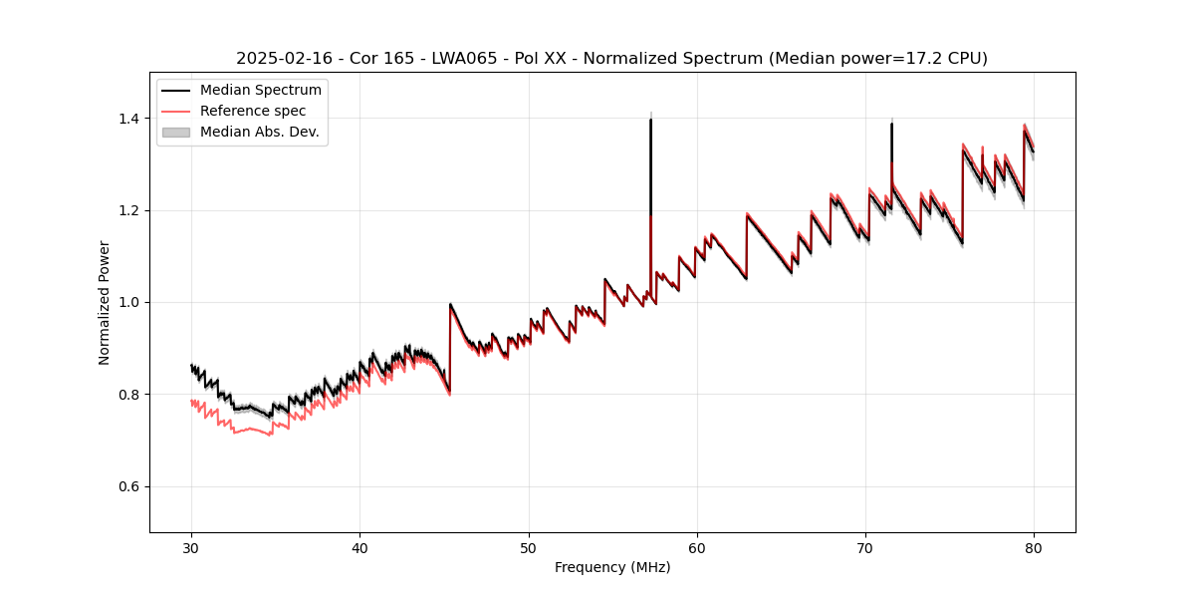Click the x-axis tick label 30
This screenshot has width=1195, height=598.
191,547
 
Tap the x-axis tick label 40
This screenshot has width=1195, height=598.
359,547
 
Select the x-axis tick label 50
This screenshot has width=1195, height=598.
528,547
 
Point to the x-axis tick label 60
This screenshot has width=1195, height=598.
697,547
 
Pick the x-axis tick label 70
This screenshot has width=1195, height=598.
865,547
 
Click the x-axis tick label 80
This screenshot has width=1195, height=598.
1034,547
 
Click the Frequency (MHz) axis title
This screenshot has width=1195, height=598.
612,567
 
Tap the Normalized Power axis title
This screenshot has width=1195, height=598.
105,302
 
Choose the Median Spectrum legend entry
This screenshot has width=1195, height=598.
260,91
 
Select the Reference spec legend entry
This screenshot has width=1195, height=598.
253,111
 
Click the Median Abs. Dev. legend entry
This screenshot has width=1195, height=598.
259,132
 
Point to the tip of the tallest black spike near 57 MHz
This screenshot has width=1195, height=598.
650,120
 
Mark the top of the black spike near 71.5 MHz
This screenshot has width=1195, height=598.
891,124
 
